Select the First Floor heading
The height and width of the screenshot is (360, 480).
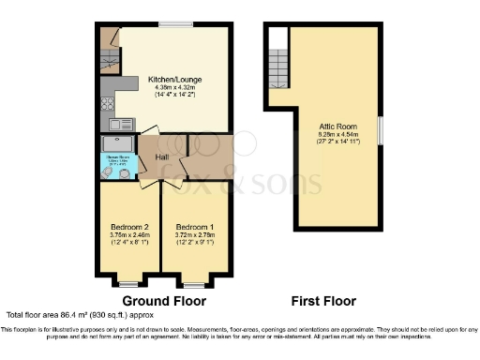point(317,301)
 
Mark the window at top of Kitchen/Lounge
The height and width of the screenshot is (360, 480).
point(171,25)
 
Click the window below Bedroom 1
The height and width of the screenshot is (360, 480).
point(194,282)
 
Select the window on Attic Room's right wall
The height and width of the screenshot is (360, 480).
point(380,129)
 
